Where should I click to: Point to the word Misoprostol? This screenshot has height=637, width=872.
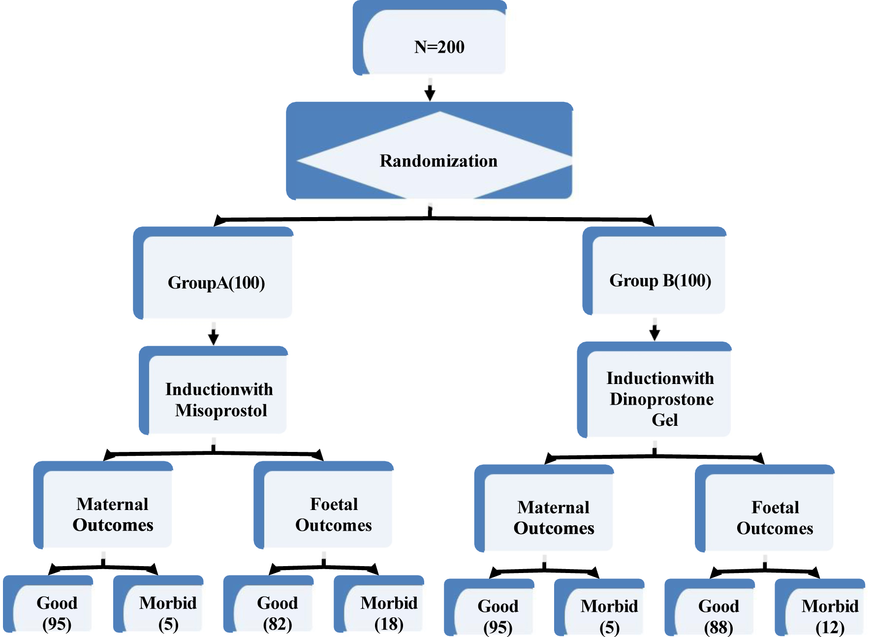point(221,411)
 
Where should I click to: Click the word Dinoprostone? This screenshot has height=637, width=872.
point(661,399)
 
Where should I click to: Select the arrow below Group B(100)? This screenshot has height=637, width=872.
point(654,331)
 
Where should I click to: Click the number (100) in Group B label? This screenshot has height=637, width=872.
point(693,281)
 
